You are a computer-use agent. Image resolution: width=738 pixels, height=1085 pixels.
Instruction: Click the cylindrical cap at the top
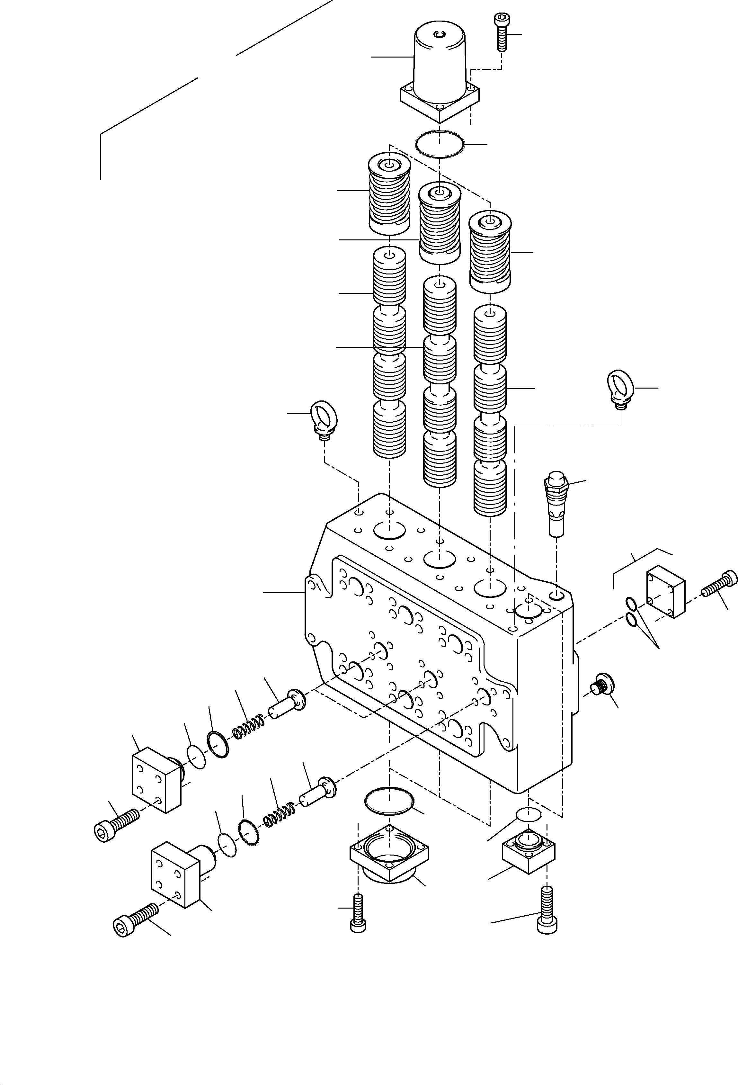pyautogui.click(x=440, y=65)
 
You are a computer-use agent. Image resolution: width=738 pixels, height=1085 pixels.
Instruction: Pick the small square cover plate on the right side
pyautogui.click(x=665, y=591)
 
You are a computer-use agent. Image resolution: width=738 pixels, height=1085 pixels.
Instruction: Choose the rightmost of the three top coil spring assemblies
pyautogui.click(x=489, y=252)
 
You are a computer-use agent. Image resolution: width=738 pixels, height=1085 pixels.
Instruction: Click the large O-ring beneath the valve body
pyautogui.click(x=389, y=800)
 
